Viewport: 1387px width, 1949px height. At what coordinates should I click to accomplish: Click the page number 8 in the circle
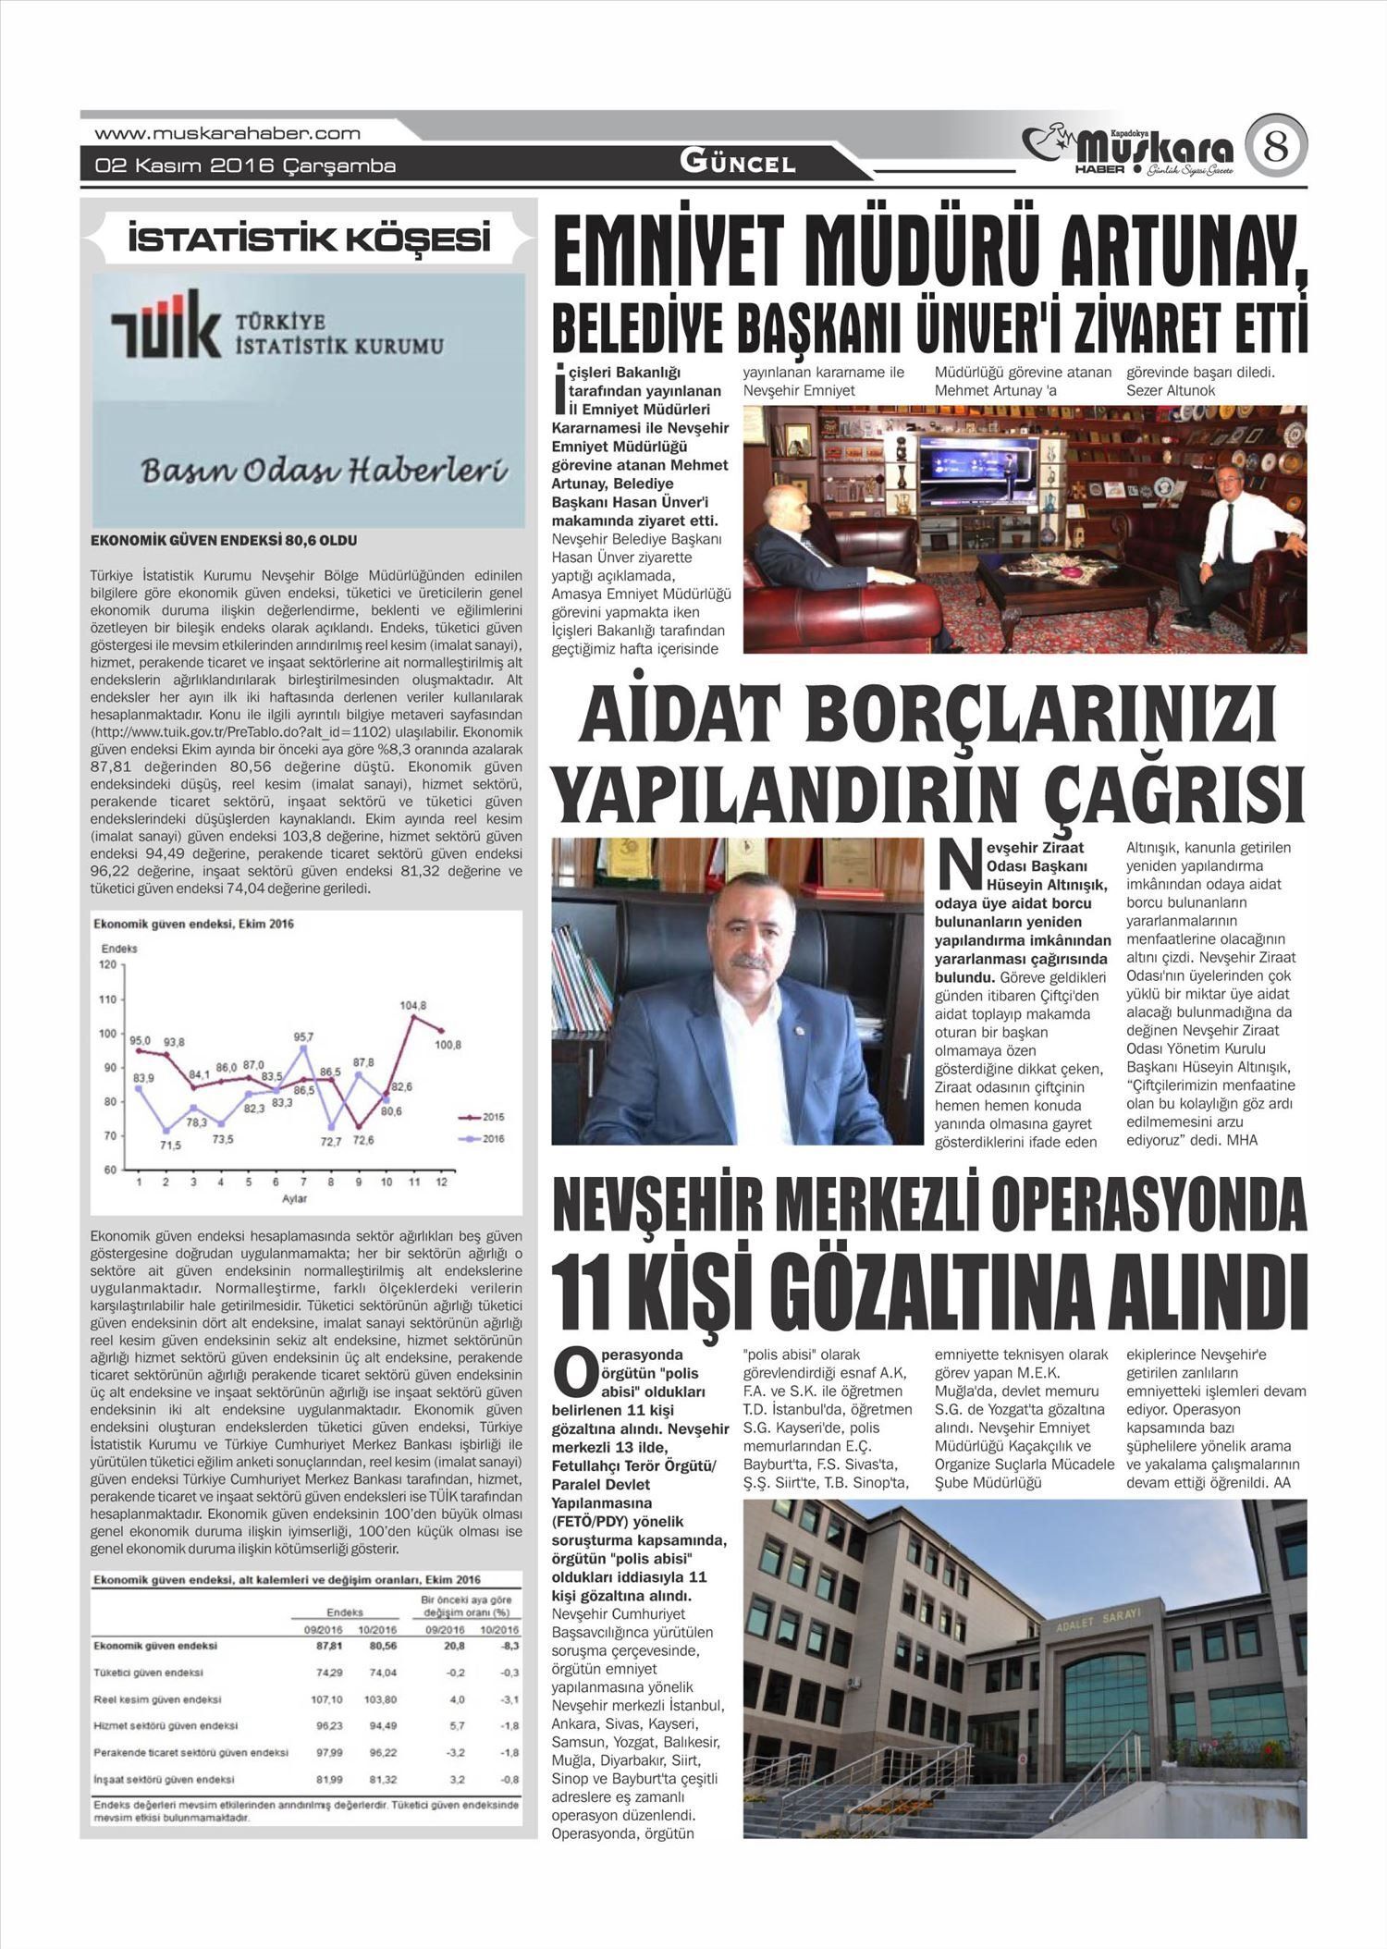(1275, 147)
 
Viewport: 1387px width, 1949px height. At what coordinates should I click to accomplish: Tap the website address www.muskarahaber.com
(227, 133)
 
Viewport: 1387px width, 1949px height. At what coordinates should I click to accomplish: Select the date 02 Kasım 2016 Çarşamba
(245, 166)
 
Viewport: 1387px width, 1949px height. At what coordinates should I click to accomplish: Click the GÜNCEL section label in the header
(737, 164)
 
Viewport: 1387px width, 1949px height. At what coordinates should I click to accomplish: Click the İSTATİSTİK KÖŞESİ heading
(309, 240)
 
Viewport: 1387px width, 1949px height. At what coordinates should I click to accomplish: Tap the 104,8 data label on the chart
(413, 1005)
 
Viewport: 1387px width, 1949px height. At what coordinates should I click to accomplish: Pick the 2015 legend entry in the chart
(481, 1117)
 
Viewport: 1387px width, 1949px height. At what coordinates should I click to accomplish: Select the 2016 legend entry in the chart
(481, 1139)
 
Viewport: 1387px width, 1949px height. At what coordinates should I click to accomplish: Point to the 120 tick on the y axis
(110, 964)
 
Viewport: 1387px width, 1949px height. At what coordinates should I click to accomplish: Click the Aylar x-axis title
(295, 1199)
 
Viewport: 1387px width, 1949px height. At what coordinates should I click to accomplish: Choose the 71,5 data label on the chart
(170, 1145)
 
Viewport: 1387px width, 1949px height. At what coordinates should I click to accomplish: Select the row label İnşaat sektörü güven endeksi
(164, 1779)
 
